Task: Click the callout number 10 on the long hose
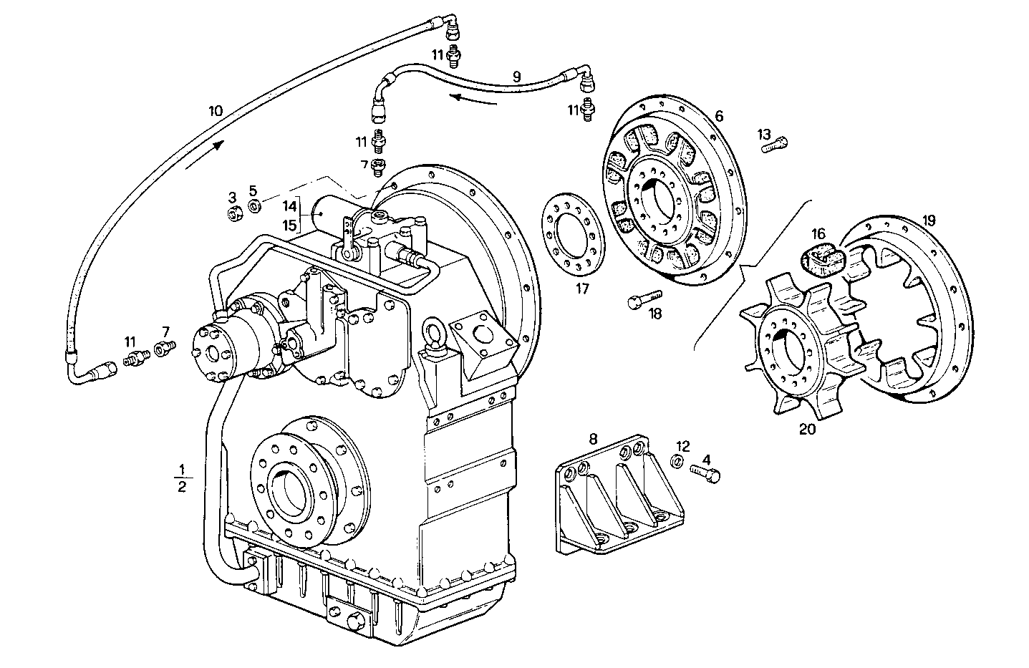(x=216, y=111)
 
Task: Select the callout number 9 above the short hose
(x=516, y=75)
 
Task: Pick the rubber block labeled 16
(x=823, y=259)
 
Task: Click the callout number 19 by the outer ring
(x=929, y=220)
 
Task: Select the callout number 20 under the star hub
(x=808, y=429)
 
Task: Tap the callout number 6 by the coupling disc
(x=719, y=116)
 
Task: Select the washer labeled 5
(x=253, y=207)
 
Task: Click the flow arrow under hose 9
(x=473, y=98)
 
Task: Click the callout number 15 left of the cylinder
(x=289, y=226)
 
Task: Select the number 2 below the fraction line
(x=182, y=488)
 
